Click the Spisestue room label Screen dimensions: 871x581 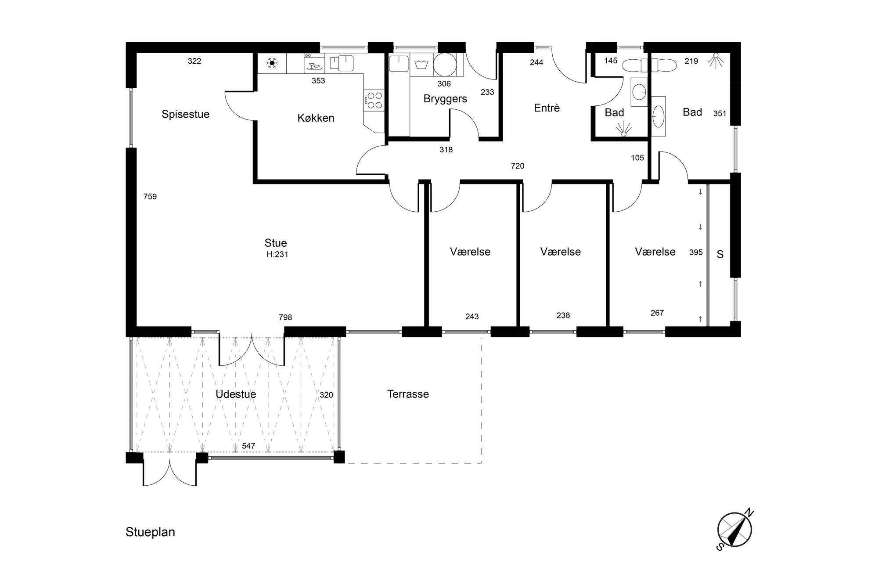coord(185,115)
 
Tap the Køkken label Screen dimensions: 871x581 coord(316,118)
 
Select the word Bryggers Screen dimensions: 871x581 coord(445,99)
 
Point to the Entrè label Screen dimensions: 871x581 coord(547,108)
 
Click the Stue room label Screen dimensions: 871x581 coord(276,243)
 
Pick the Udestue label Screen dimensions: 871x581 coord(236,394)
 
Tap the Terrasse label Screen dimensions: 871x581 coord(408,394)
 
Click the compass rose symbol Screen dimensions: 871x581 coord(734,530)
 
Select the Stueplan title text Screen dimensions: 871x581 coord(150,532)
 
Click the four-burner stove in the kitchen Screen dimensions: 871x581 coord(374,100)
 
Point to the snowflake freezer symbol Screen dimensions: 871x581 coord(272,63)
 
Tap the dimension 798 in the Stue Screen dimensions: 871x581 coord(285,317)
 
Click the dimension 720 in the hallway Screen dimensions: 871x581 coord(518,166)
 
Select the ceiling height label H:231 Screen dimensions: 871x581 coord(277,254)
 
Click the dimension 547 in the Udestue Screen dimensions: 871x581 coord(248,446)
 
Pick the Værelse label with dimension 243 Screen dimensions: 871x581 coord(470,252)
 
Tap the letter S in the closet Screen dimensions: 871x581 coord(720,255)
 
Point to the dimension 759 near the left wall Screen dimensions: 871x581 coord(150,196)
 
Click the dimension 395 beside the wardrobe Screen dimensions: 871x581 coord(696,252)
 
